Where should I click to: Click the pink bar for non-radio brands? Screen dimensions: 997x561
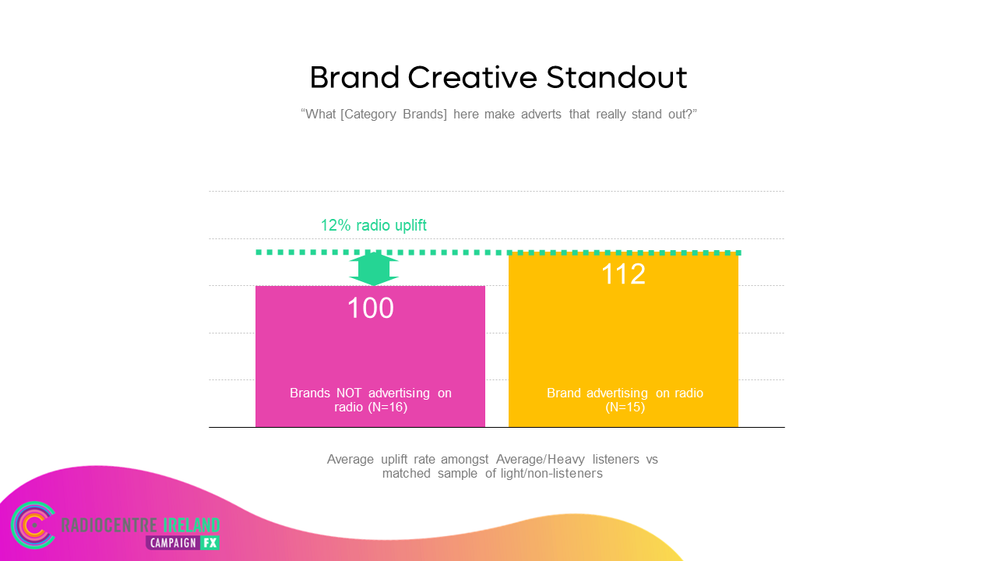point(370,356)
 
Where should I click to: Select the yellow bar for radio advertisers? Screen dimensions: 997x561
point(623,340)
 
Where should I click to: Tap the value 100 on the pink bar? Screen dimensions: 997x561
point(370,308)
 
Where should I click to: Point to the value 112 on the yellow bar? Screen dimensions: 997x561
point(623,273)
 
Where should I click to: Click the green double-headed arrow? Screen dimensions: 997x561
point(374,269)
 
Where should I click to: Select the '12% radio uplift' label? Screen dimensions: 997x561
point(373,225)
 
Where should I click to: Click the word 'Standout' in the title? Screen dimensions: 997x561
point(616,77)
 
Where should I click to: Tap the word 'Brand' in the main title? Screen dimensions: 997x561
point(354,77)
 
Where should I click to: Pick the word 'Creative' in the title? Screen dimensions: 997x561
point(472,77)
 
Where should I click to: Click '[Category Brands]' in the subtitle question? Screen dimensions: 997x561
point(393,115)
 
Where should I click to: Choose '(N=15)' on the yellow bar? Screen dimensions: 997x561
point(625,408)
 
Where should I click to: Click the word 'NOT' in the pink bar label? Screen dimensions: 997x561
point(349,393)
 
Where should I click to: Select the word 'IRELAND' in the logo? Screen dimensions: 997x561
point(191,525)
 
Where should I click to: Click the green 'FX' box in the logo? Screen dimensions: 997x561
point(210,543)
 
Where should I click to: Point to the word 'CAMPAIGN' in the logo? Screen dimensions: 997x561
point(173,543)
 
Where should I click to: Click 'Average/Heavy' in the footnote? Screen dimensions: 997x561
point(541,460)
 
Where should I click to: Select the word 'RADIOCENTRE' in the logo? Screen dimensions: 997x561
point(109,525)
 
